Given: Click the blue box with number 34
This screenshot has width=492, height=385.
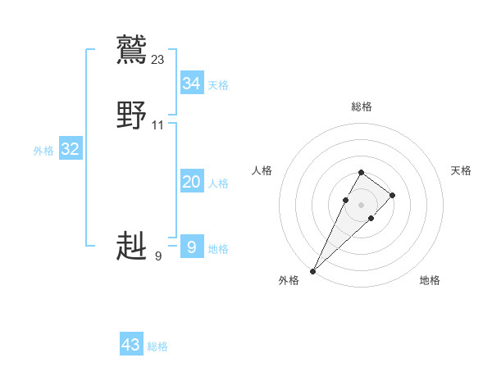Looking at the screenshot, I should pos(192,84).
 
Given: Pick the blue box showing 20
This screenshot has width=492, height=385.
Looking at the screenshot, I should pos(192,182).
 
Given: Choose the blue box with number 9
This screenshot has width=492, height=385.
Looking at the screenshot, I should pos(192,247).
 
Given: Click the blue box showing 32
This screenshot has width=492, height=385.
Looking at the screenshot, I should pos(71,149).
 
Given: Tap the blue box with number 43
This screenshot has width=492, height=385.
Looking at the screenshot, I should pos(131,345).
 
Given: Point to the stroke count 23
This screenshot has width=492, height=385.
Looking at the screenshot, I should pos(158,59).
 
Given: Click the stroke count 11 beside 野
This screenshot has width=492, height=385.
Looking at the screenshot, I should pos(158,125).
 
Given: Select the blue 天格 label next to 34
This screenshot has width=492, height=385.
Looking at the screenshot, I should pos(218,85).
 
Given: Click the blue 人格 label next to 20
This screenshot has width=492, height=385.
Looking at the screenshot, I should pos(218,183).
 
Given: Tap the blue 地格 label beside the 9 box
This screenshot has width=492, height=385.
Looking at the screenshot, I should pos(218,249).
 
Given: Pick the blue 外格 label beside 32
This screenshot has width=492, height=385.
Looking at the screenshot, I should pos(43,151).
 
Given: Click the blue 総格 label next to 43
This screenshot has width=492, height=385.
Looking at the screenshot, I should pos(157,346).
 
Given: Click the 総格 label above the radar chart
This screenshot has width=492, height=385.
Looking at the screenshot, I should pos(361,106).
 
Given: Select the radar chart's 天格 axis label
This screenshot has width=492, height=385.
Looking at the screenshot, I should pos(462,170).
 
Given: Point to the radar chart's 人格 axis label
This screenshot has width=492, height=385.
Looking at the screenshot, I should pos(262,170).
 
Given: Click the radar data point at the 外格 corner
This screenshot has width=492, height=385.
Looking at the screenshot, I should pos(312,270).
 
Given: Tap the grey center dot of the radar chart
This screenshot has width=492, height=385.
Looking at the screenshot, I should pos(361,204).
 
